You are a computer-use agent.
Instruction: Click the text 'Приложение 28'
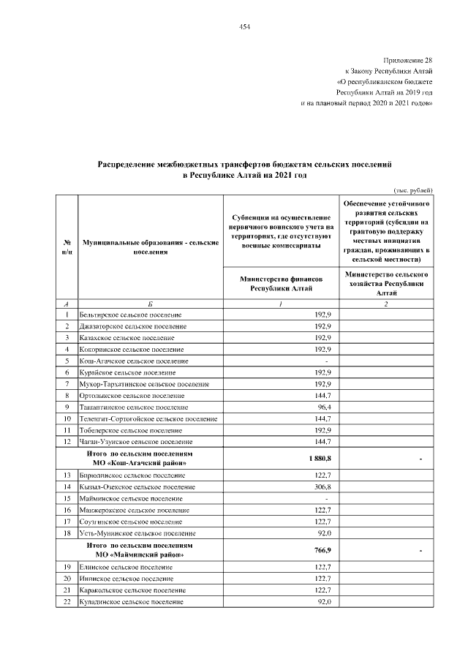point(408,59)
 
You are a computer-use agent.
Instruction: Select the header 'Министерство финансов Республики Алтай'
point(281,284)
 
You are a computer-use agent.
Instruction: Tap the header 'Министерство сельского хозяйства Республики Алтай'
point(386,282)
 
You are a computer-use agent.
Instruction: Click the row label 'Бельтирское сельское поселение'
point(131,314)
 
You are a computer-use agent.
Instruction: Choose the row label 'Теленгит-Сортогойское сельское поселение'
point(148,418)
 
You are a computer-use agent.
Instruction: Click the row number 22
point(67,601)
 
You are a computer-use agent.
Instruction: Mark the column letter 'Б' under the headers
point(150,303)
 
